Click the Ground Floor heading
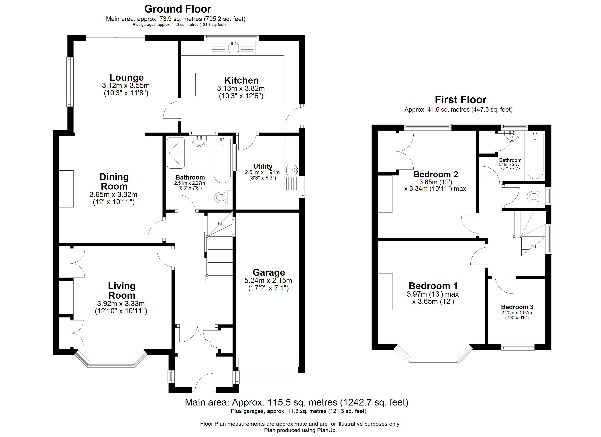coord(178,9)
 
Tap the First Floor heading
coord(461,100)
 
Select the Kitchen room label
coord(241,80)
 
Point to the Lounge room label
coord(127,77)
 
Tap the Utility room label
coord(263,166)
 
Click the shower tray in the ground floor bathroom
coord(176,153)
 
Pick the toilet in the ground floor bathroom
coord(222,197)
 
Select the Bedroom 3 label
coord(517,307)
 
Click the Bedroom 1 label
coord(433,286)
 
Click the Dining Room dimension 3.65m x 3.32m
coord(113,194)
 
